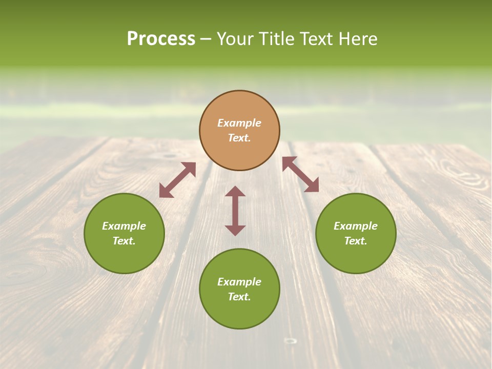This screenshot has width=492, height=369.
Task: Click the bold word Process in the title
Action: pos(161,39)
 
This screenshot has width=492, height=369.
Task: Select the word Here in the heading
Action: pos(358,39)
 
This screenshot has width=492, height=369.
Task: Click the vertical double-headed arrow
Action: pos(235,211)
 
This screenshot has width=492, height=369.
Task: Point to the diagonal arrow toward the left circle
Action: pos(177,180)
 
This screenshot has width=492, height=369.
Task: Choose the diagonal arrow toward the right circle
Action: pos(300,174)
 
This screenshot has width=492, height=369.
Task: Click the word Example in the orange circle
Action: pos(239,123)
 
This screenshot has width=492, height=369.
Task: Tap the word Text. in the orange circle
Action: pos(239,138)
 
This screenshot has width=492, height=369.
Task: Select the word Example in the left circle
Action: pos(124,226)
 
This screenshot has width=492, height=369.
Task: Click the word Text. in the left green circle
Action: pos(124,241)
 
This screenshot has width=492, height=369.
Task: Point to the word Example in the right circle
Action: pos(356,226)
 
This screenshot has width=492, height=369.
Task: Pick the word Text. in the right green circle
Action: pos(356,241)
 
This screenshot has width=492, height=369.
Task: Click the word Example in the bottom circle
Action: pos(239,282)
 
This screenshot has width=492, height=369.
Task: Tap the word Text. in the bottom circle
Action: pos(239,297)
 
